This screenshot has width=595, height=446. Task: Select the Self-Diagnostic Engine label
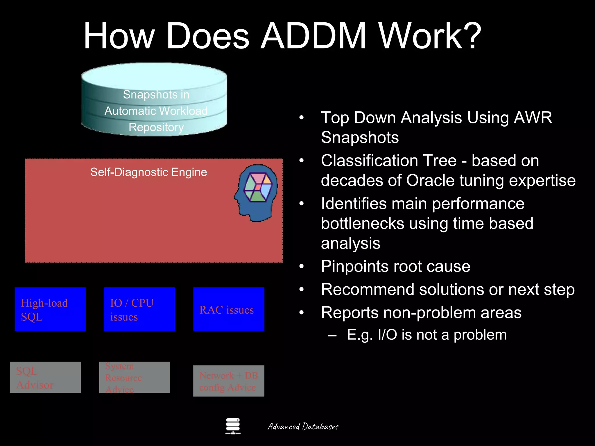click(148, 172)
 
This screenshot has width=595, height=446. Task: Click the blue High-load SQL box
click(50, 309)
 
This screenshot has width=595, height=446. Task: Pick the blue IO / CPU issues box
click(139, 309)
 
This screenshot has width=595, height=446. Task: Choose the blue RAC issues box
click(229, 309)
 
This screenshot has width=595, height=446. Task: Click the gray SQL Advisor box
click(45, 377)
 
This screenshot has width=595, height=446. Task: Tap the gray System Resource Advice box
click(135, 377)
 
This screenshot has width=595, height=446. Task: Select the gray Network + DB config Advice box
click(229, 381)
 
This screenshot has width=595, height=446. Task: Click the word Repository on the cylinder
click(156, 127)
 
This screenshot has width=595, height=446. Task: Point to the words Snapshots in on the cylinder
click(156, 95)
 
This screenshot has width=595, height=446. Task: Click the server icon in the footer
click(233, 426)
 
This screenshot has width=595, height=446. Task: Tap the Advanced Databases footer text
click(303, 427)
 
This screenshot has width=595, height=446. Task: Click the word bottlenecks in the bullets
click(363, 224)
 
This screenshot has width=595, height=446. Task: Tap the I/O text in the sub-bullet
click(387, 335)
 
